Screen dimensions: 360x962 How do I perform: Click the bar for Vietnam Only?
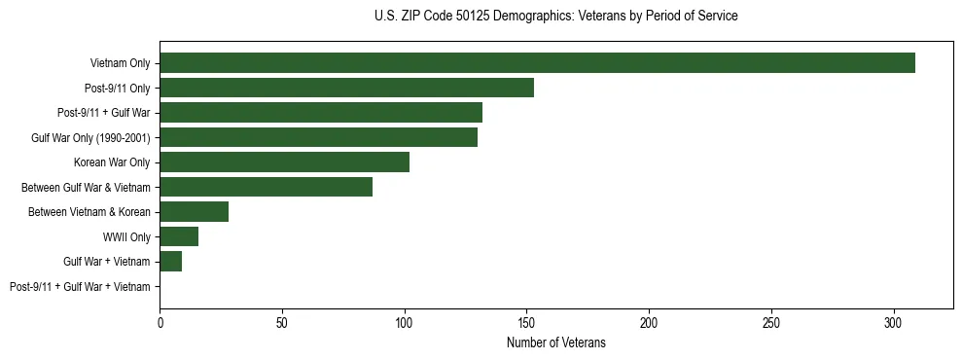[537, 63]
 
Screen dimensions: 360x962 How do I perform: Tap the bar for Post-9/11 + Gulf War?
[321, 113]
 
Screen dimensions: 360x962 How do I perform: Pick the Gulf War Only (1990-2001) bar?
[318, 137]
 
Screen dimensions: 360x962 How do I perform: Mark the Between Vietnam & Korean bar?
[194, 212]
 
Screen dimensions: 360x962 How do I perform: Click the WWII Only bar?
[179, 236]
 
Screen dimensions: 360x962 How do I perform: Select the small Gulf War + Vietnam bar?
[170, 262]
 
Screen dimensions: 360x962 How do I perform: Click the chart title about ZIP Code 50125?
[555, 17]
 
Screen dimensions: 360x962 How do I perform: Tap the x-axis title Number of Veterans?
[555, 342]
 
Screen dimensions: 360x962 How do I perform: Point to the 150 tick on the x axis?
[526, 321]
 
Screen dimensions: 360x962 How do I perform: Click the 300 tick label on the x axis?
[894, 321]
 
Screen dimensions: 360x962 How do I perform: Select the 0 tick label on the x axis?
[160, 321]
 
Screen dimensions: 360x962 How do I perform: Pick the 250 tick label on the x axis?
[771, 321]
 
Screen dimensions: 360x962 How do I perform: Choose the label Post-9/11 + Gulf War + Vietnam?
[80, 287]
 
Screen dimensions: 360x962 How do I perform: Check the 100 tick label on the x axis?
[404, 321]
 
